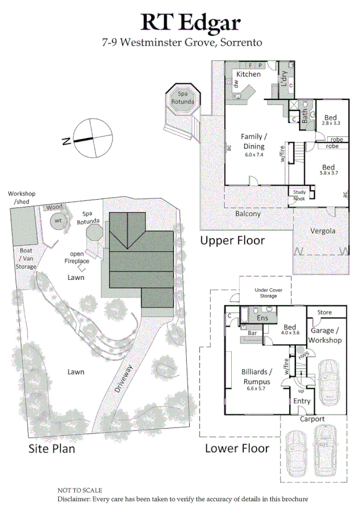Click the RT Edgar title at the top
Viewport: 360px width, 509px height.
pyautogui.click(x=190, y=22)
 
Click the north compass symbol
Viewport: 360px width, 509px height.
pyautogui.click(x=89, y=138)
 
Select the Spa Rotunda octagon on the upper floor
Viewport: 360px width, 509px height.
pyautogui.click(x=182, y=98)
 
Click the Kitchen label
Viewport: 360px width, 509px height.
pyautogui.click(x=248, y=74)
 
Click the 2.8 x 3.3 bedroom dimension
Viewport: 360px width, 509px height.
pyautogui.click(x=331, y=123)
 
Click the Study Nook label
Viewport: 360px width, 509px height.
pyautogui.click(x=298, y=195)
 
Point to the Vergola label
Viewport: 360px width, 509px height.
pyautogui.click(x=322, y=230)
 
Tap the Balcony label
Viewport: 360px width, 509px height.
pyautogui.click(x=247, y=213)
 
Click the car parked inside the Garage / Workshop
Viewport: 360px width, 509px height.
pyautogui.click(x=328, y=382)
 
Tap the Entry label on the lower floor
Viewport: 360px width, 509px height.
pyautogui.click(x=301, y=401)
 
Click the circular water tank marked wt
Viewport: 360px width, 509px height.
pyautogui.click(x=58, y=221)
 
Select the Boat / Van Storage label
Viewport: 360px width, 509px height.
pyautogui.click(x=25, y=258)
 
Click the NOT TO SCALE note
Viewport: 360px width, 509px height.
pyautogui.click(x=79, y=490)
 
